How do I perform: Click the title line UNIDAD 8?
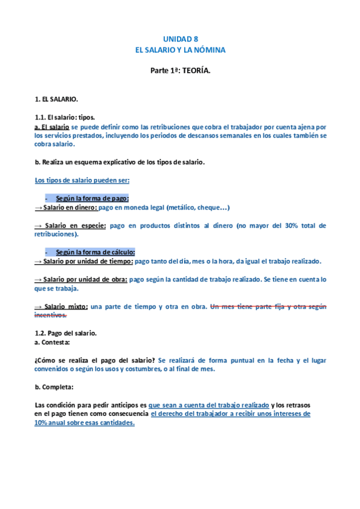[180, 38]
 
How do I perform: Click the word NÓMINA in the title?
[210, 50]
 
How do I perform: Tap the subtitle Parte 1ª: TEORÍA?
[180, 71]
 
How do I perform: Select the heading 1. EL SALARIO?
[57, 98]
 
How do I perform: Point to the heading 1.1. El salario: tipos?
[65, 118]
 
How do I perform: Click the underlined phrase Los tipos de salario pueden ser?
[82, 180]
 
